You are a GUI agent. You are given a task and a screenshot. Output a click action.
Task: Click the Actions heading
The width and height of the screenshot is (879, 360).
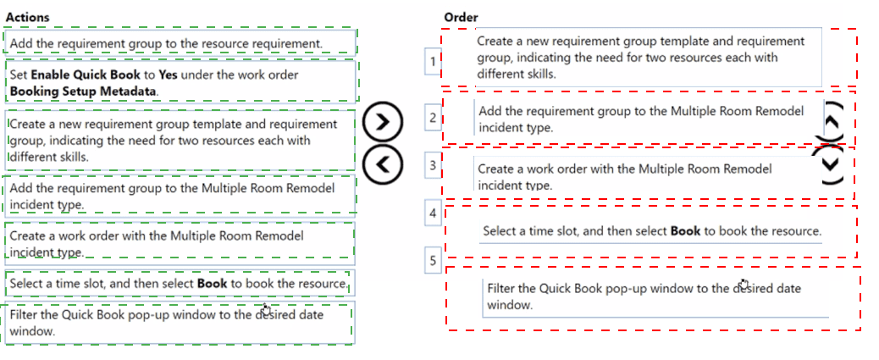(27, 18)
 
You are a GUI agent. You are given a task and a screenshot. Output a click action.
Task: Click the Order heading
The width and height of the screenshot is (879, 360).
(461, 18)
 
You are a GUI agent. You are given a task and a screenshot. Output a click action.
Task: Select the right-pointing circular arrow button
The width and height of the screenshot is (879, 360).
(383, 122)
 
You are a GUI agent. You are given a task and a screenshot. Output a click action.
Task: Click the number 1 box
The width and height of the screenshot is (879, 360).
(433, 61)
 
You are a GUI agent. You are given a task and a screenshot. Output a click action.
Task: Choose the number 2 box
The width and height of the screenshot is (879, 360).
(433, 118)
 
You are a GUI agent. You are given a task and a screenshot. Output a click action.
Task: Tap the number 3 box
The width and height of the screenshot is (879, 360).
(433, 165)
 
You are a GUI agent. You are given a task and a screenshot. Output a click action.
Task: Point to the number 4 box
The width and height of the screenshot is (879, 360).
(433, 213)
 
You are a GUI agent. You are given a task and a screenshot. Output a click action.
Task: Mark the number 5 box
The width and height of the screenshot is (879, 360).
(433, 261)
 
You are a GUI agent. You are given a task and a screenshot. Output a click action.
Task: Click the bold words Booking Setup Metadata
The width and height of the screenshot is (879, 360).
(84, 91)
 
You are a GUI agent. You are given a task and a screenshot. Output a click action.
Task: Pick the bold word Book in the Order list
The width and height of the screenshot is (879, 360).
(686, 230)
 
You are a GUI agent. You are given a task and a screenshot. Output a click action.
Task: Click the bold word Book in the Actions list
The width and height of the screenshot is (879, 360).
(213, 283)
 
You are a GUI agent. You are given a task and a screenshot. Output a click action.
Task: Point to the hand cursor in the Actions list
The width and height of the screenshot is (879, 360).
(266, 309)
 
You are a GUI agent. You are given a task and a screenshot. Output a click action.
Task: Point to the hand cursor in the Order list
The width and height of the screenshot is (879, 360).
(744, 284)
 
